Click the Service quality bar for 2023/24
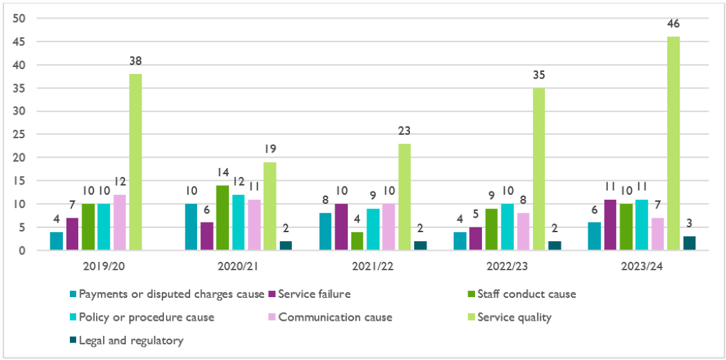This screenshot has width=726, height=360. pos(673,144)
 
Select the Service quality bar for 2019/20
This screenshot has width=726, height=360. pos(136,162)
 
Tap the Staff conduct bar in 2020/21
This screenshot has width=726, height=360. pos(223,218)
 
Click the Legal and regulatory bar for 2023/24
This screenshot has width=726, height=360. pos(689,243)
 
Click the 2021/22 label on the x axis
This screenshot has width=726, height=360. pos(371,265)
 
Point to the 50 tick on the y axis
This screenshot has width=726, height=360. pos(21,19)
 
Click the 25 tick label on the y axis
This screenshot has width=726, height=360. pos(21,135)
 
